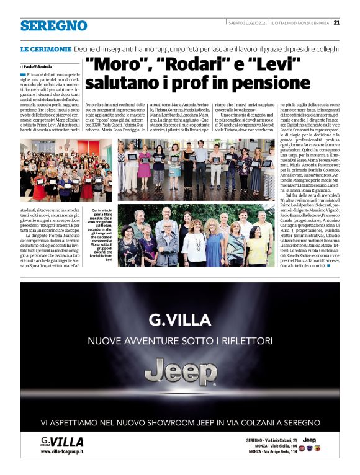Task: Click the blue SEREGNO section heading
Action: click(53, 25)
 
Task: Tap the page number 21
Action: click(336, 23)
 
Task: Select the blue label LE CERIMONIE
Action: click(45, 48)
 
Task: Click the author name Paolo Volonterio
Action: click(39, 65)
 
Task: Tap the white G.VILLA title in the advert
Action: click(180, 321)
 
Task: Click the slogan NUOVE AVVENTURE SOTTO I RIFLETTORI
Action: click(180, 341)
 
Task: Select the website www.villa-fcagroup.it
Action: click(66, 452)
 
